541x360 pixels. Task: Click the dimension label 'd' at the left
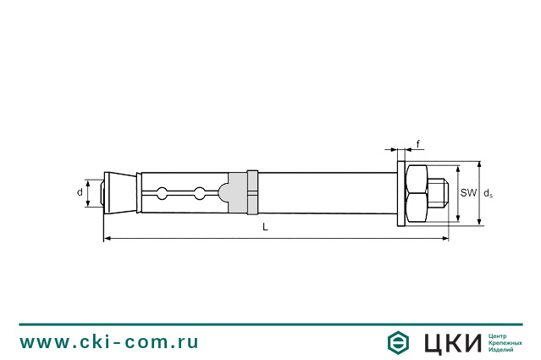click(80, 193)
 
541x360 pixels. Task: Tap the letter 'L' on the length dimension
click(266, 227)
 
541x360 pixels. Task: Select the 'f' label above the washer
click(418, 145)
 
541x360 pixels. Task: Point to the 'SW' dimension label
click(468, 193)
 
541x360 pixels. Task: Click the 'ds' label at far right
click(488, 194)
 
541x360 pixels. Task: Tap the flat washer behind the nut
click(400, 194)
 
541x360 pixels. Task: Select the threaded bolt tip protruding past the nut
click(439, 194)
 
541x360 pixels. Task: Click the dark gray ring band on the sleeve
click(251, 194)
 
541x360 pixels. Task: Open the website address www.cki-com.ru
click(109, 342)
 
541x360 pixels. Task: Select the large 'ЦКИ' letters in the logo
click(450, 342)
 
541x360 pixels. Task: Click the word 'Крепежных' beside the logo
click(506, 342)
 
